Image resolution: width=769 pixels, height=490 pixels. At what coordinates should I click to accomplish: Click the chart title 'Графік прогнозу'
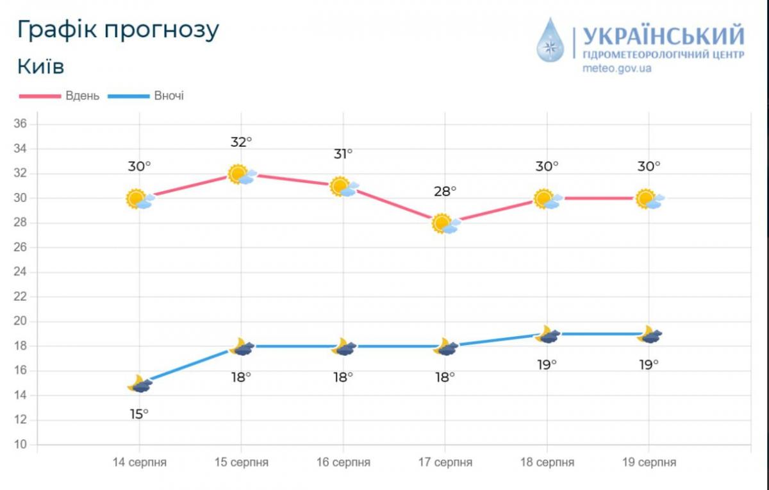pyautogui.click(x=119, y=30)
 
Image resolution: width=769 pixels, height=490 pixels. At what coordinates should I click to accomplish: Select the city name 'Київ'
pyautogui.click(x=41, y=67)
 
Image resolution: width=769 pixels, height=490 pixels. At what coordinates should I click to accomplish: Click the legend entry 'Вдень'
pyautogui.click(x=82, y=96)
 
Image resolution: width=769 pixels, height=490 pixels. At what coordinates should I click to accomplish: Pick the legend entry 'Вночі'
pyautogui.click(x=169, y=96)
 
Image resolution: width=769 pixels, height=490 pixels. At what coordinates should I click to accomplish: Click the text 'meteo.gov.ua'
pyautogui.click(x=616, y=68)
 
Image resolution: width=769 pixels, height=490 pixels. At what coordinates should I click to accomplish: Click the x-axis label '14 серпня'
pyautogui.click(x=139, y=462)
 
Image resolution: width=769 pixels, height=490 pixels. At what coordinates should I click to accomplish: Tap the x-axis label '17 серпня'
pyautogui.click(x=445, y=462)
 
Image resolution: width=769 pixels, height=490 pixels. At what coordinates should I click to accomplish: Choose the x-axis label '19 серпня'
pyautogui.click(x=649, y=462)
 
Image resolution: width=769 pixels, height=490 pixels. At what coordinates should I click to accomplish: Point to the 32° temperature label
pyautogui.click(x=241, y=142)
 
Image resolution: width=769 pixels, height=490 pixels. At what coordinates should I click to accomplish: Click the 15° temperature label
pyautogui.click(x=139, y=414)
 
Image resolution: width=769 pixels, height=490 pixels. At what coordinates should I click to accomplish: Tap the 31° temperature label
pyautogui.click(x=343, y=154)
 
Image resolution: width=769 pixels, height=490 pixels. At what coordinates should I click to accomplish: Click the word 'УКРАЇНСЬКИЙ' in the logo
pyautogui.click(x=664, y=35)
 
